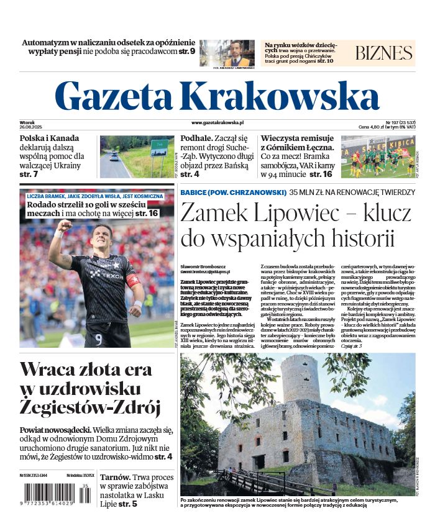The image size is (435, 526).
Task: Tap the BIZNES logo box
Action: click(x=383, y=52)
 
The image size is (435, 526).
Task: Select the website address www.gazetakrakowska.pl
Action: click(x=217, y=124)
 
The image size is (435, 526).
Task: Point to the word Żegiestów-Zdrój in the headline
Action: click(x=90, y=408)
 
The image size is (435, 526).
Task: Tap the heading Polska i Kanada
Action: click(x=49, y=138)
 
